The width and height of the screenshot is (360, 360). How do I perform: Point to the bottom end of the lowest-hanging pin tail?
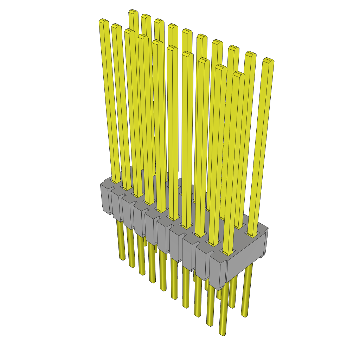tap(223, 333)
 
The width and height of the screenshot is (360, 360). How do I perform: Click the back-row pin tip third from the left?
tap(159, 21)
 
